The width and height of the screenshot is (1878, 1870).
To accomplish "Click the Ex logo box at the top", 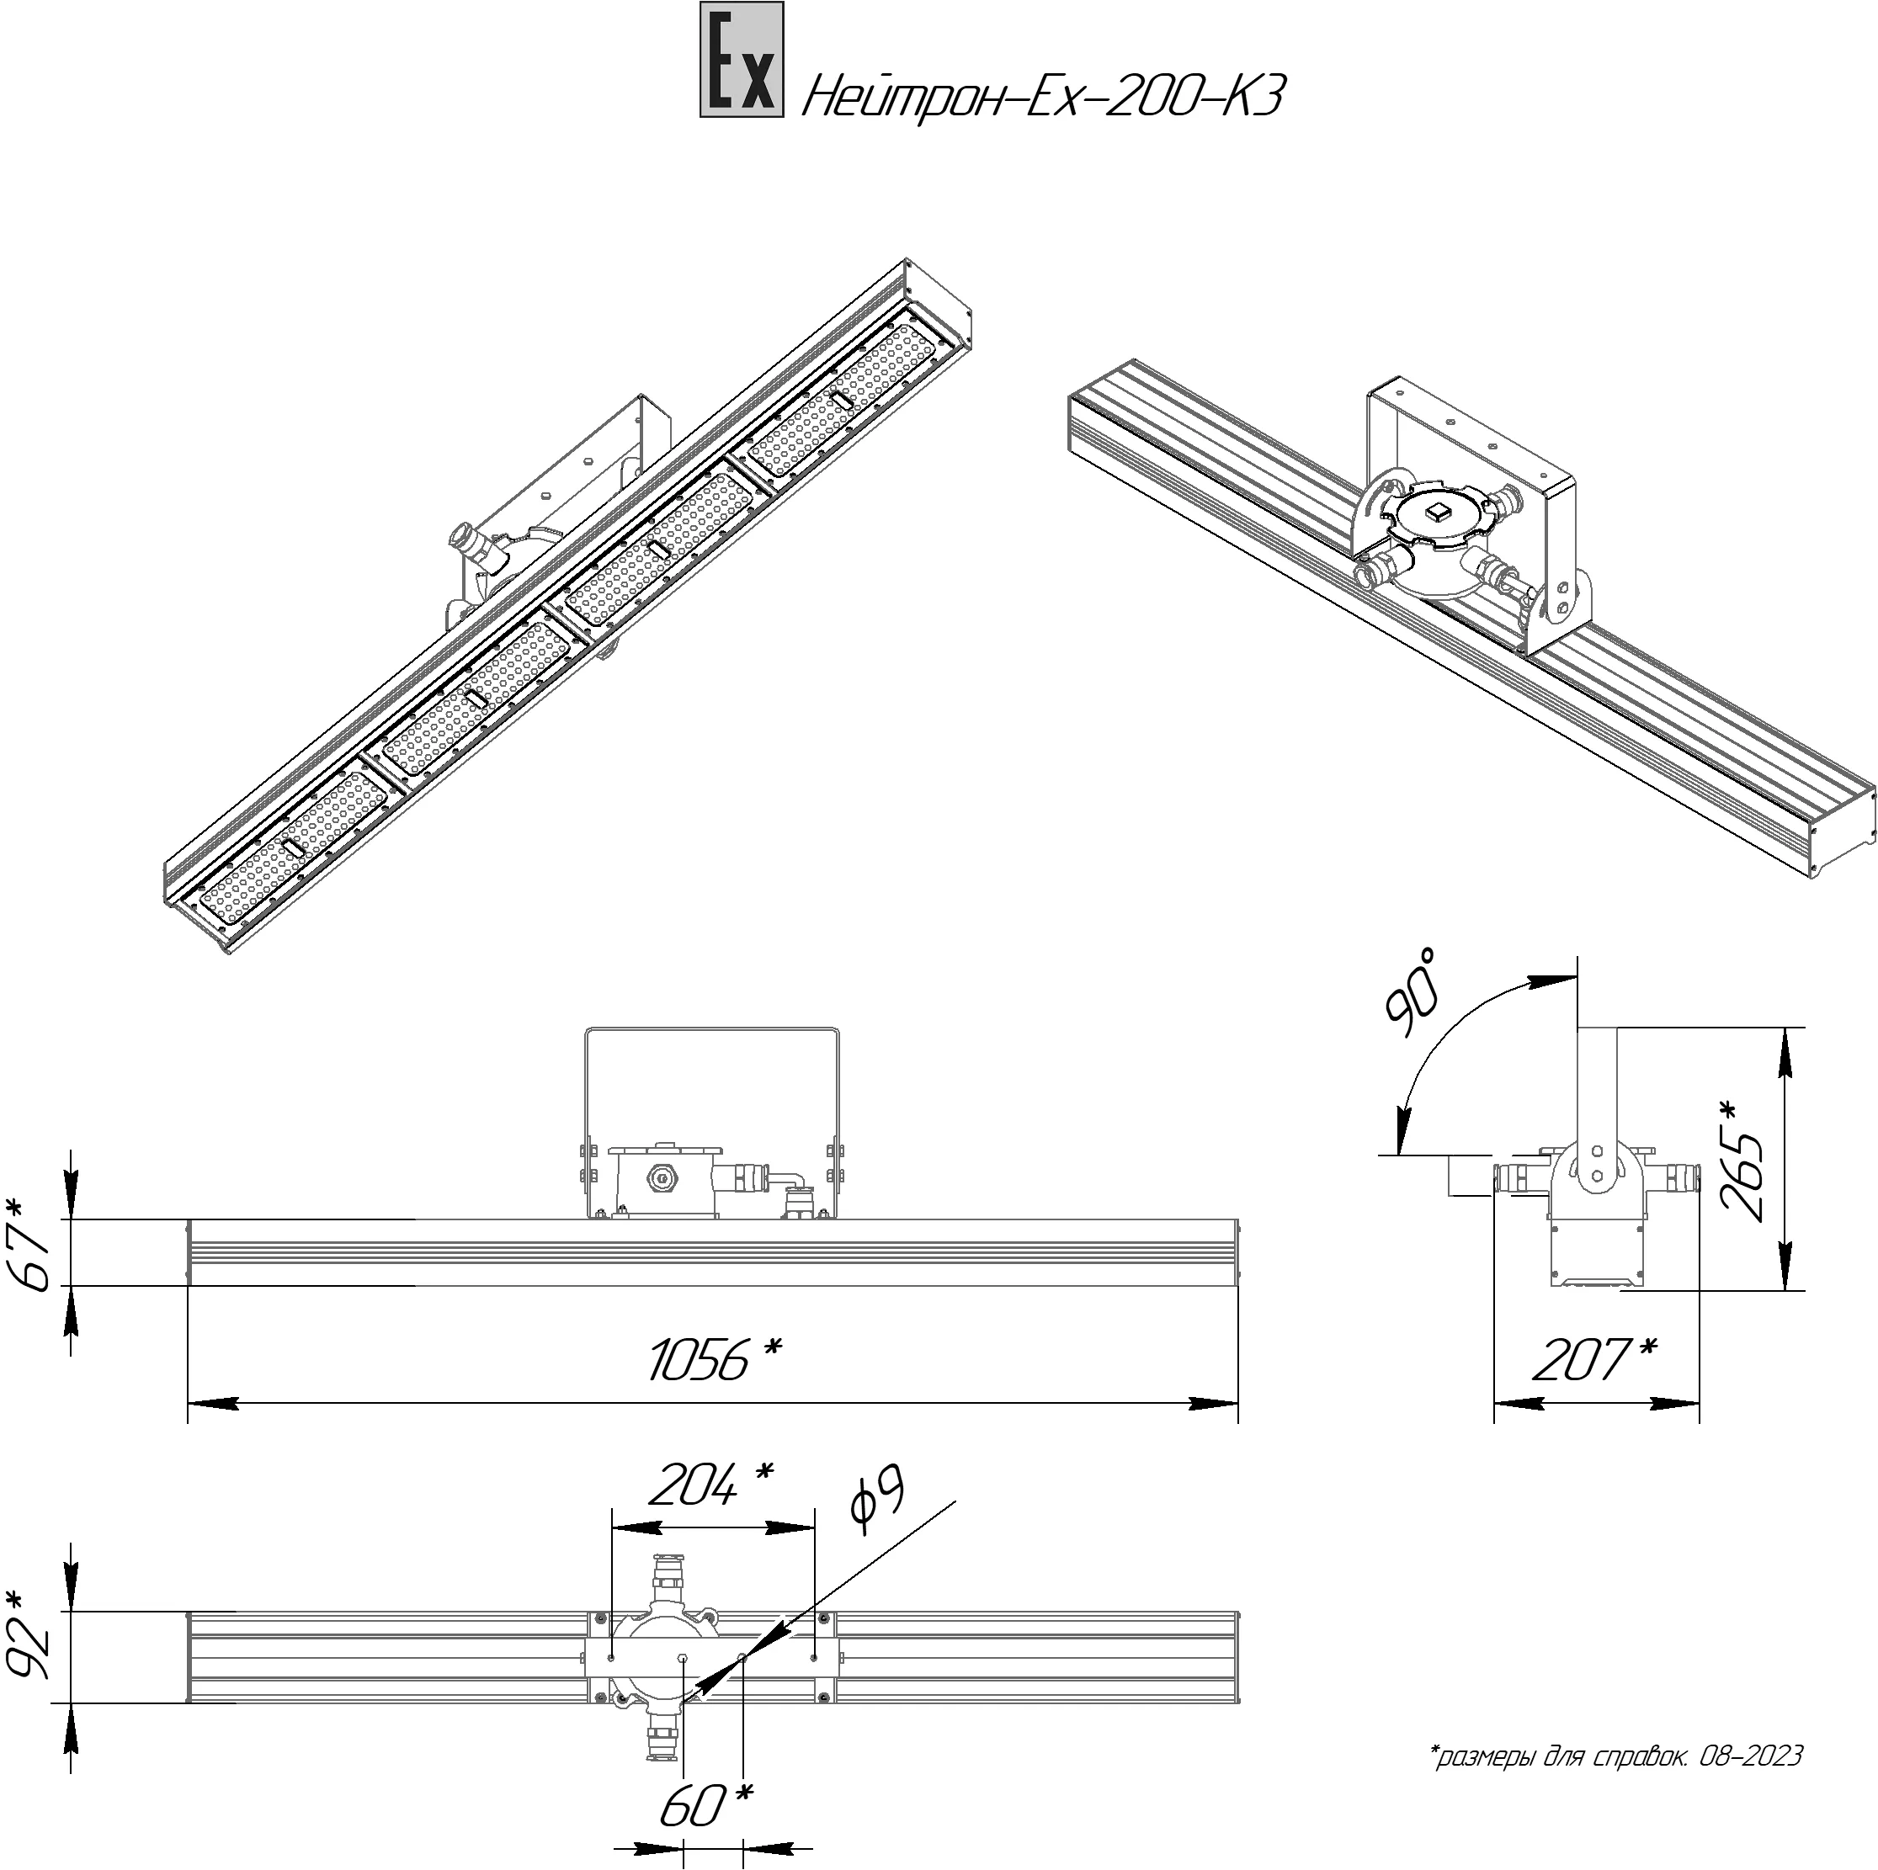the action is (x=742, y=61).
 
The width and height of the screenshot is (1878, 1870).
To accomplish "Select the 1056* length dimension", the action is (x=715, y=1359).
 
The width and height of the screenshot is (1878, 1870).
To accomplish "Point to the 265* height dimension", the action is (x=1744, y=1159).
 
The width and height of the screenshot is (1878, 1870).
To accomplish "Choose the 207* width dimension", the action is (x=1595, y=1359).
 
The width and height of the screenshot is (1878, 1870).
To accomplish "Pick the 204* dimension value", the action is (x=710, y=1485).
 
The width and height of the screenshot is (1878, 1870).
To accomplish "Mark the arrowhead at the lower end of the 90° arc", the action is (x=1402, y=1131).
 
